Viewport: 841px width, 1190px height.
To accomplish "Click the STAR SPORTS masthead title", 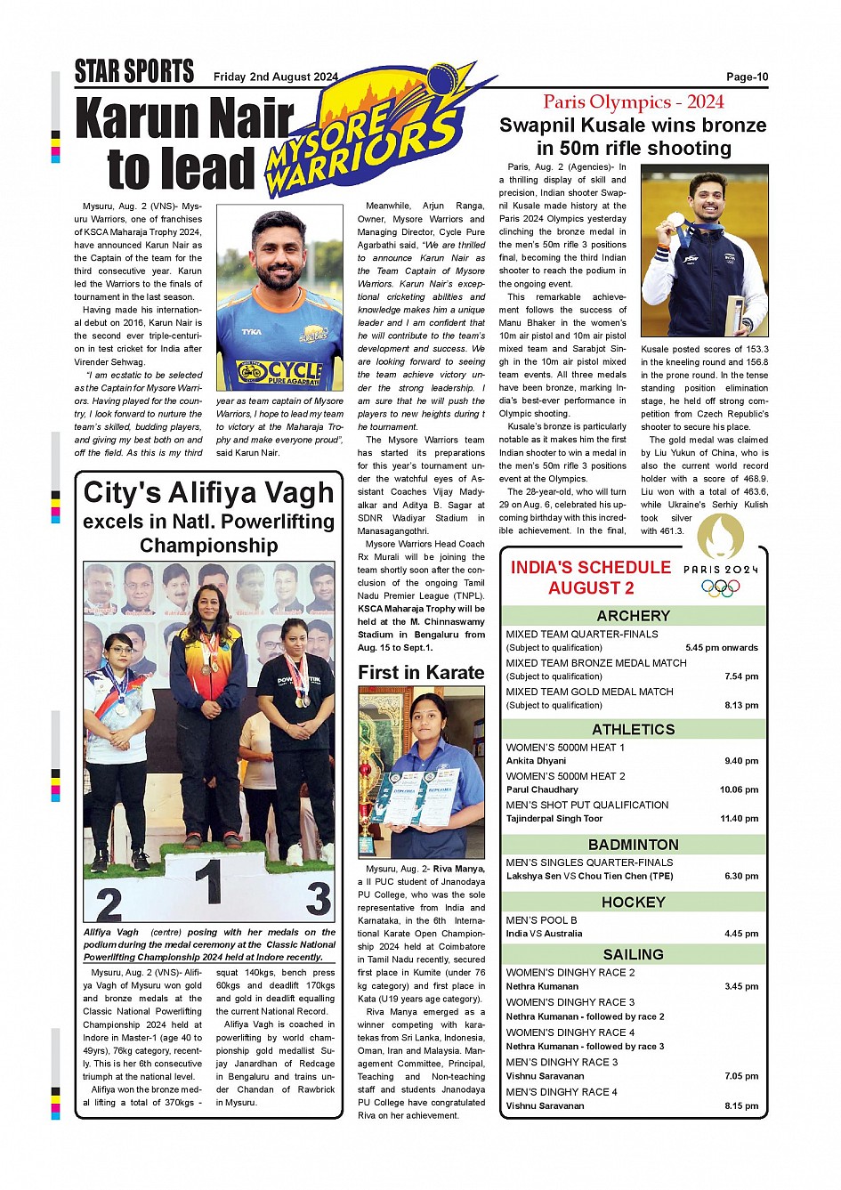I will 133,71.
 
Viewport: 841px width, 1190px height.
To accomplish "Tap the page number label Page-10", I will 747,77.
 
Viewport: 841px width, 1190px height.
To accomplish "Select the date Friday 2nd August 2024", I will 275,77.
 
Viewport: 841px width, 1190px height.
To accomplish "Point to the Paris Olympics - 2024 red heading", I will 633,101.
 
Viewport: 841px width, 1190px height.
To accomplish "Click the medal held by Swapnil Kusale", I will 676,219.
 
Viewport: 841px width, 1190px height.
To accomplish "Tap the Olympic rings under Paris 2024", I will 720,588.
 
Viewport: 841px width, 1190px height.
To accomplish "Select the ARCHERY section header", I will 633,616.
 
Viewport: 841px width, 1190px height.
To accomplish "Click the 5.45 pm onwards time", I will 721,648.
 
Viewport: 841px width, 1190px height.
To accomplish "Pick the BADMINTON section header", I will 633,845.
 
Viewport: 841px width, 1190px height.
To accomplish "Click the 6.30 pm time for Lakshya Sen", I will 740,876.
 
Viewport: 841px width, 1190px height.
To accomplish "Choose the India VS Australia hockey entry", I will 544,934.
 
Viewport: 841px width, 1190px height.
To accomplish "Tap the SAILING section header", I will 633,954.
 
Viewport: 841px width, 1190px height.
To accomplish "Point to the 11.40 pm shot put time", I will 740,819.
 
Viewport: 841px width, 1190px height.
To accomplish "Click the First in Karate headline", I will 421,673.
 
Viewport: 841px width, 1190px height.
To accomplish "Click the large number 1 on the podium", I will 208,883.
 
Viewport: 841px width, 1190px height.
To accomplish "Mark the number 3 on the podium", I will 318,899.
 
